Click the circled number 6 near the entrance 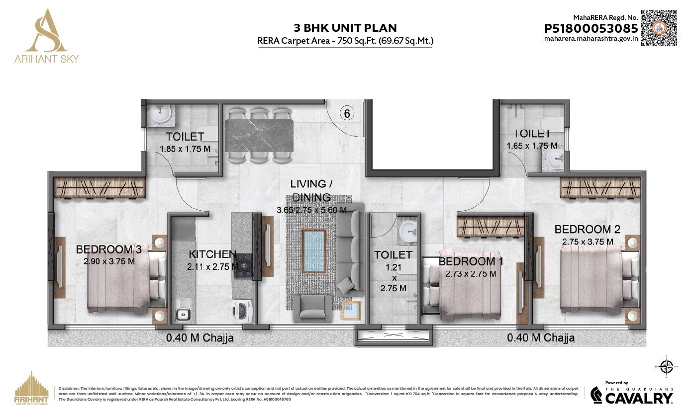click(x=347, y=113)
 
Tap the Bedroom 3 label click(x=108, y=249)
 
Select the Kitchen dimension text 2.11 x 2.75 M click(x=212, y=266)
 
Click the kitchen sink click(x=183, y=314)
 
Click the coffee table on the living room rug click(x=313, y=250)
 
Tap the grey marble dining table click(x=259, y=136)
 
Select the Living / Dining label click(x=311, y=190)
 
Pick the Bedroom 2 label click(x=588, y=229)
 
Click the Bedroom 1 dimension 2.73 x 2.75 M click(x=471, y=274)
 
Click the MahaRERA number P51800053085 click(x=591, y=28)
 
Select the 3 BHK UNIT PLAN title click(x=345, y=28)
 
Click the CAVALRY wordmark click(x=639, y=398)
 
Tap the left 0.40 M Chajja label click(x=199, y=338)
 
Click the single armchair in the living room click(x=312, y=307)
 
